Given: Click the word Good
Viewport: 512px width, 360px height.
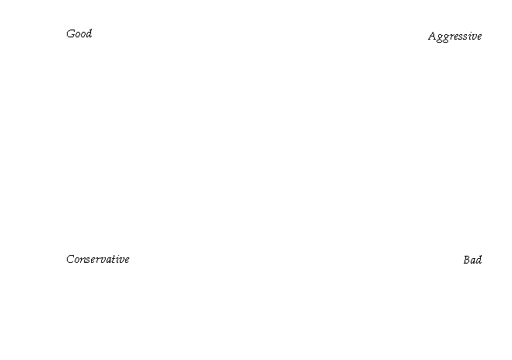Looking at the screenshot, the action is click(x=79, y=33).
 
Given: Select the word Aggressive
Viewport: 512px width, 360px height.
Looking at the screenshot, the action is click(x=455, y=37).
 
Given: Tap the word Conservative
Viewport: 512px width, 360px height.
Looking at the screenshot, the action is click(x=98, y=259).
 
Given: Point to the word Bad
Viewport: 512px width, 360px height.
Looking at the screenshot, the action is click(x=472, y=260).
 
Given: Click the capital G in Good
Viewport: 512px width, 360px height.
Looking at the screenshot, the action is click(x=71, y=34).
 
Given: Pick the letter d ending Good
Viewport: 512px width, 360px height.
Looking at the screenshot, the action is click(x=89, y=33).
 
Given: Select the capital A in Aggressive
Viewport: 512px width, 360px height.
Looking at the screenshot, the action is click(x=433, y=36).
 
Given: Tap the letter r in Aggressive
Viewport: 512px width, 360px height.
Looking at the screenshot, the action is click(x=451, y=37).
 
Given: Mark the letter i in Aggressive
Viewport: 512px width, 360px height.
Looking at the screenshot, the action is click(x=469, y=37).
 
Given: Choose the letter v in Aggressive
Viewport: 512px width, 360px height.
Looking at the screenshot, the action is click(x=474, y=37).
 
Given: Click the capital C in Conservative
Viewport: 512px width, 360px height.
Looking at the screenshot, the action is click(x=70, y=259).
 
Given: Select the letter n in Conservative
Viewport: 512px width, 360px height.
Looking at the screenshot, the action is click(x=83, y=260).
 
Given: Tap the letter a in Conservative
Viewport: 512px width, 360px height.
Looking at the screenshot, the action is click(x=109, y=260).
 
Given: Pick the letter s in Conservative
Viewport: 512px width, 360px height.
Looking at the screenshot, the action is click(x=89, y=260).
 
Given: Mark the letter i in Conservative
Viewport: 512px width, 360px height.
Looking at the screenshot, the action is click(x=118, y=259).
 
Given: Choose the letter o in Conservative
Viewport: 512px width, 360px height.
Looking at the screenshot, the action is click(x=77, y=260).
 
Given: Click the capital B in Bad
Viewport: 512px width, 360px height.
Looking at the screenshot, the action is click(x=467, y=260).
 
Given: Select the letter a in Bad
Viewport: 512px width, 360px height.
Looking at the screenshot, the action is click(x=473, y=261).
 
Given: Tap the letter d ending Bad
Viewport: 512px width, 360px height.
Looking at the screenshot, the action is click(x=479, y=260).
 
